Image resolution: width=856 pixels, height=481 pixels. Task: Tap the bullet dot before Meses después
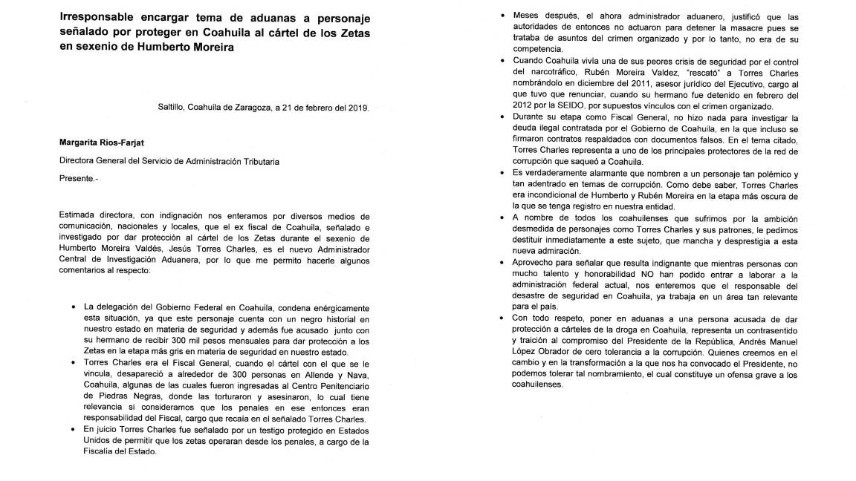pyautogui.click(x=505, y=14)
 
